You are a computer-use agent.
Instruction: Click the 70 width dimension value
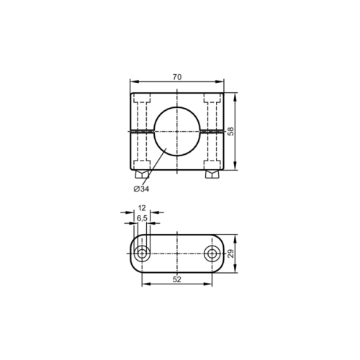(x=177, y=77)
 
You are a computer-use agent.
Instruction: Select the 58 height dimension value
(x=230, y=132)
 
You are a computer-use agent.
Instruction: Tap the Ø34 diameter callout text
(x=141, y=189)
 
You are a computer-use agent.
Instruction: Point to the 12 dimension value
(x=142, y=208)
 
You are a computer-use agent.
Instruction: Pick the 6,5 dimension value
(x=142, y=218)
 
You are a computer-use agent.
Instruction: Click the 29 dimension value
(x=230, y=253)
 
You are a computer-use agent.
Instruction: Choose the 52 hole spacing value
(x=177, y=279)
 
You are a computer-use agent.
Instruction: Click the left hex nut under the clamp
(x=142, y=174)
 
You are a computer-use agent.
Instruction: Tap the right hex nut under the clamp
(x=212, y=174)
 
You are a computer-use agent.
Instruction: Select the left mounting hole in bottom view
(x=142, y=253)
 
